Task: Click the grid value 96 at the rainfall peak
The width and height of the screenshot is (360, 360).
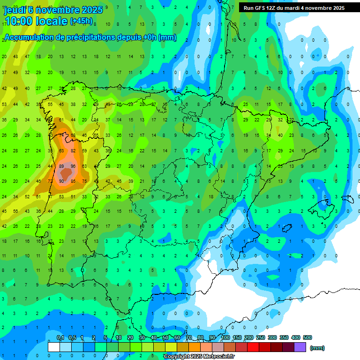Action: [x=73, y=166]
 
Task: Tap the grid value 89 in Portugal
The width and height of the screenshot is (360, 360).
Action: [x=61, y=166]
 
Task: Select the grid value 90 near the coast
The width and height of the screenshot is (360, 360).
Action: [x=61, y=181]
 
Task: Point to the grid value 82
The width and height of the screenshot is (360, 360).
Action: [x=73, y=151]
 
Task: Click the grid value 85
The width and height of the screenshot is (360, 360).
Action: [x=73, y=181]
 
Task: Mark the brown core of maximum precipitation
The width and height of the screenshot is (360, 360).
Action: [x=67, y=173]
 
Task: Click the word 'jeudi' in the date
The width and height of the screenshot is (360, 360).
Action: [x=16, y=9]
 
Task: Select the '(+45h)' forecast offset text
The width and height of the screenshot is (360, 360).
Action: [x=81, y=21]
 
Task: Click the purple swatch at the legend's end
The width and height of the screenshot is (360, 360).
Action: [x=300, y=347]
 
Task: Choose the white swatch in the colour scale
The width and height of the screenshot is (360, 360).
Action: [x=54, y=347]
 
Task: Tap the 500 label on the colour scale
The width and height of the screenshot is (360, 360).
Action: [x=307, y=337]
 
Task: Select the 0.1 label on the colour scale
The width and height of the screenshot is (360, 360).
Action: [x=60, y=337]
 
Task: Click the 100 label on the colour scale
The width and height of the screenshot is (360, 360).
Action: [x=225, y=337]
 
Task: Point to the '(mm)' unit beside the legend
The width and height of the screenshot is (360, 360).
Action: [x=317, y=348]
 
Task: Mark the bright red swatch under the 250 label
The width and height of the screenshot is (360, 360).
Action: [x=253, y=347]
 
